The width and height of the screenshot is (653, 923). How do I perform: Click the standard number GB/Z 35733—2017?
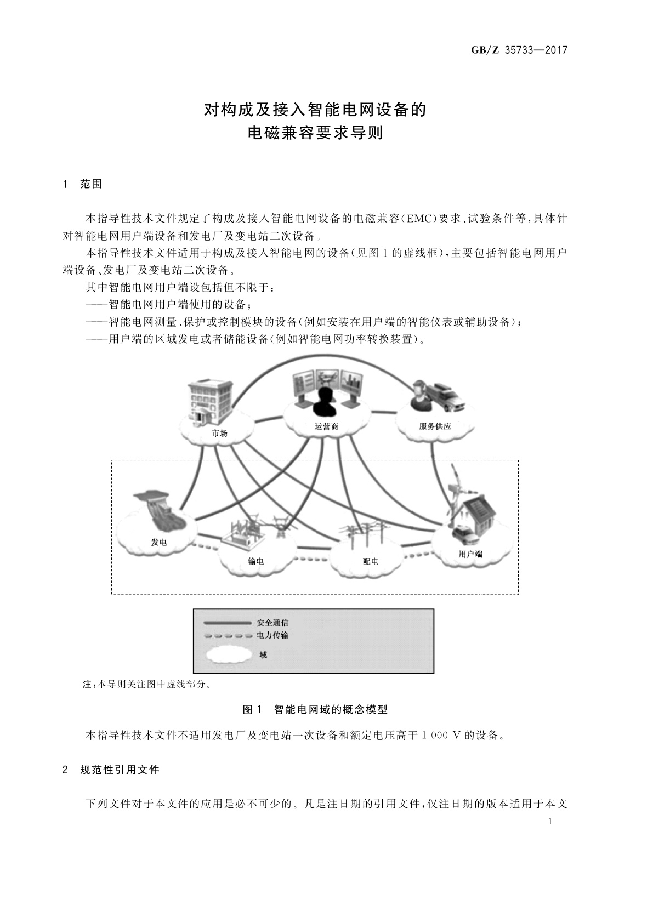tap(519, 50)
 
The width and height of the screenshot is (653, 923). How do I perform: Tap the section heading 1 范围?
tap(83, 184)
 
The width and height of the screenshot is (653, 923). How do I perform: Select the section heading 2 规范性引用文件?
tap(111, 770)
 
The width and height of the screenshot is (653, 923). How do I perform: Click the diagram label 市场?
tap(219, 433)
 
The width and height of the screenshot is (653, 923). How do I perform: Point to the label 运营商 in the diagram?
tap(326, 426)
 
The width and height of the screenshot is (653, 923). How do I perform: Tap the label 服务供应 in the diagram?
tap(435, 426)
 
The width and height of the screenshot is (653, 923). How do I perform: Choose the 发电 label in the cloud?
tap(159, 542)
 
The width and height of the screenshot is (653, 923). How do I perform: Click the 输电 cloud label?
tap(255, 561)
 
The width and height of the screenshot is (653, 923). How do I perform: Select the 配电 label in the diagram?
tap(370, 561)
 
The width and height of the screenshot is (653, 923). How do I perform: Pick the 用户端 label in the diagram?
tap(470, 554)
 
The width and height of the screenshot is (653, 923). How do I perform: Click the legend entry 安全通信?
tap(272, 623)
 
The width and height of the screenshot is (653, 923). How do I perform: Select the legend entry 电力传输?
tap(272, 635)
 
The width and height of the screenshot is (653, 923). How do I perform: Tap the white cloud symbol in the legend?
tap(226, 654)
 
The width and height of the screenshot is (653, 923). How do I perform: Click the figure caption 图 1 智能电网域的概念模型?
tap(315, 709)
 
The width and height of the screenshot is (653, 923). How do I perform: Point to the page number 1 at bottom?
tap(550, 821)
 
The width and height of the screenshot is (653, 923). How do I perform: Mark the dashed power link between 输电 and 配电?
tap(311, 559)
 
